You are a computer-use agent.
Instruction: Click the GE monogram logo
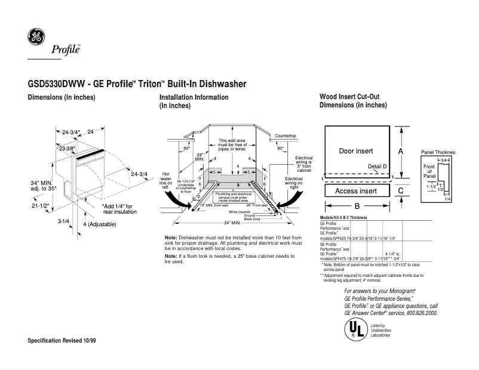pos(35,38)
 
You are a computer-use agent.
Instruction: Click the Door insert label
pos(355,151)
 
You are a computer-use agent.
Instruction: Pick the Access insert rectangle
pos(355,191)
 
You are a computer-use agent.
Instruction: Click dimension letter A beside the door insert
pos(401,152)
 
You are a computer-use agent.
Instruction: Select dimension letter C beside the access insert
pos(401,191)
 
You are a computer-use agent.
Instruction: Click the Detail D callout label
pos(377,166)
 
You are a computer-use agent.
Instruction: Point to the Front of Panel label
pos(429,171)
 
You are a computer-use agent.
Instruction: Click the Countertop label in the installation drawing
pos(285,137)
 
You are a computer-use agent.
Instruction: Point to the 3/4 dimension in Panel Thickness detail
pos(444,161)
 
